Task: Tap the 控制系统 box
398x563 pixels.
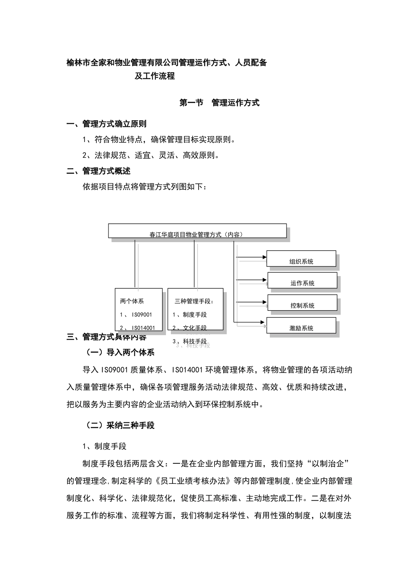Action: click(x=302, y=303)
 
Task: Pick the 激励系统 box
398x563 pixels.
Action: click(x=301, y=325)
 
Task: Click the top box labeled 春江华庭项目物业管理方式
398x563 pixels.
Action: click(x=197, y=231)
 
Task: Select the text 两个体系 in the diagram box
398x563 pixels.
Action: click(x=132, y=301)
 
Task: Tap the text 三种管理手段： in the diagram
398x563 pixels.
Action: click(x=194, y=301)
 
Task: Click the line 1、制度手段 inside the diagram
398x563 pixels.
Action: click(x=189, y=315)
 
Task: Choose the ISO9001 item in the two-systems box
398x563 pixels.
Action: click(x=136, y=315)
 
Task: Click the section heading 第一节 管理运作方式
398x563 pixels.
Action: click(x=219, y=103)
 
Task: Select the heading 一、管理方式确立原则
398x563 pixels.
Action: click(x=106, y=124)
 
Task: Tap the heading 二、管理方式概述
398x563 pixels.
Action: click(x=98, y=171)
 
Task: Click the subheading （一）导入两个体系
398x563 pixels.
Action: click(x=120, y=352)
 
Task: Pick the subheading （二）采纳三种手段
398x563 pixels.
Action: click(x=120, y=425)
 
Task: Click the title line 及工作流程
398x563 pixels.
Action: click(x=155, y=76)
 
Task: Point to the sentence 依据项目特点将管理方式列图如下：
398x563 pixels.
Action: click(x=145, y=187)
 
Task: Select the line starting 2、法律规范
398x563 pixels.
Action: click(x=151, y=155)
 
